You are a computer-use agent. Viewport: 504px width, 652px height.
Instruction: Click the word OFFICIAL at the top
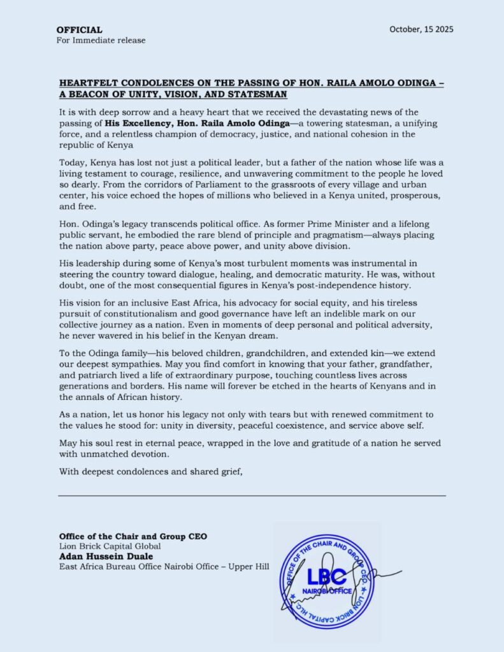pos(79,30)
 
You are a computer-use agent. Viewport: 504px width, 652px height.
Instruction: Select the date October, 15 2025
pos(421,29)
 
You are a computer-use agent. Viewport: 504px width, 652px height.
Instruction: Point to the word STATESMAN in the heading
pos(258,94)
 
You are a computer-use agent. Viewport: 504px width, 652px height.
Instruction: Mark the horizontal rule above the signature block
pos(252,495)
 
